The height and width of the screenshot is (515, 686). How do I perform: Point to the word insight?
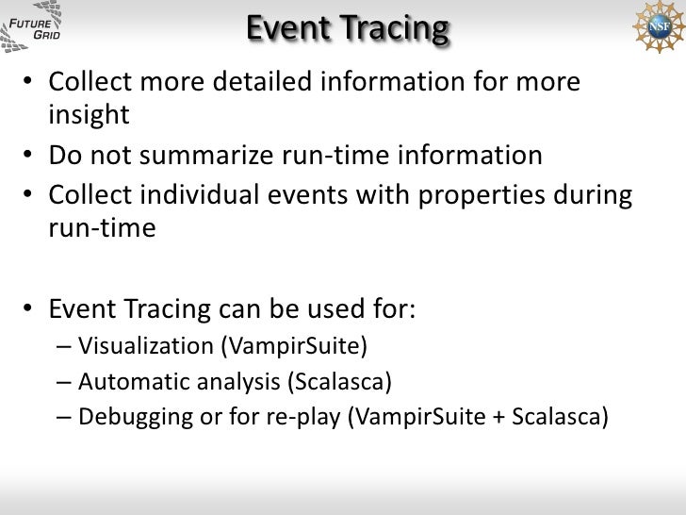tap(88, 115)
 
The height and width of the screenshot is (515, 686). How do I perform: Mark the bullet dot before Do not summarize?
tap(32, 154)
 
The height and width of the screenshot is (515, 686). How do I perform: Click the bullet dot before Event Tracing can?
tap(32, 308)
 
